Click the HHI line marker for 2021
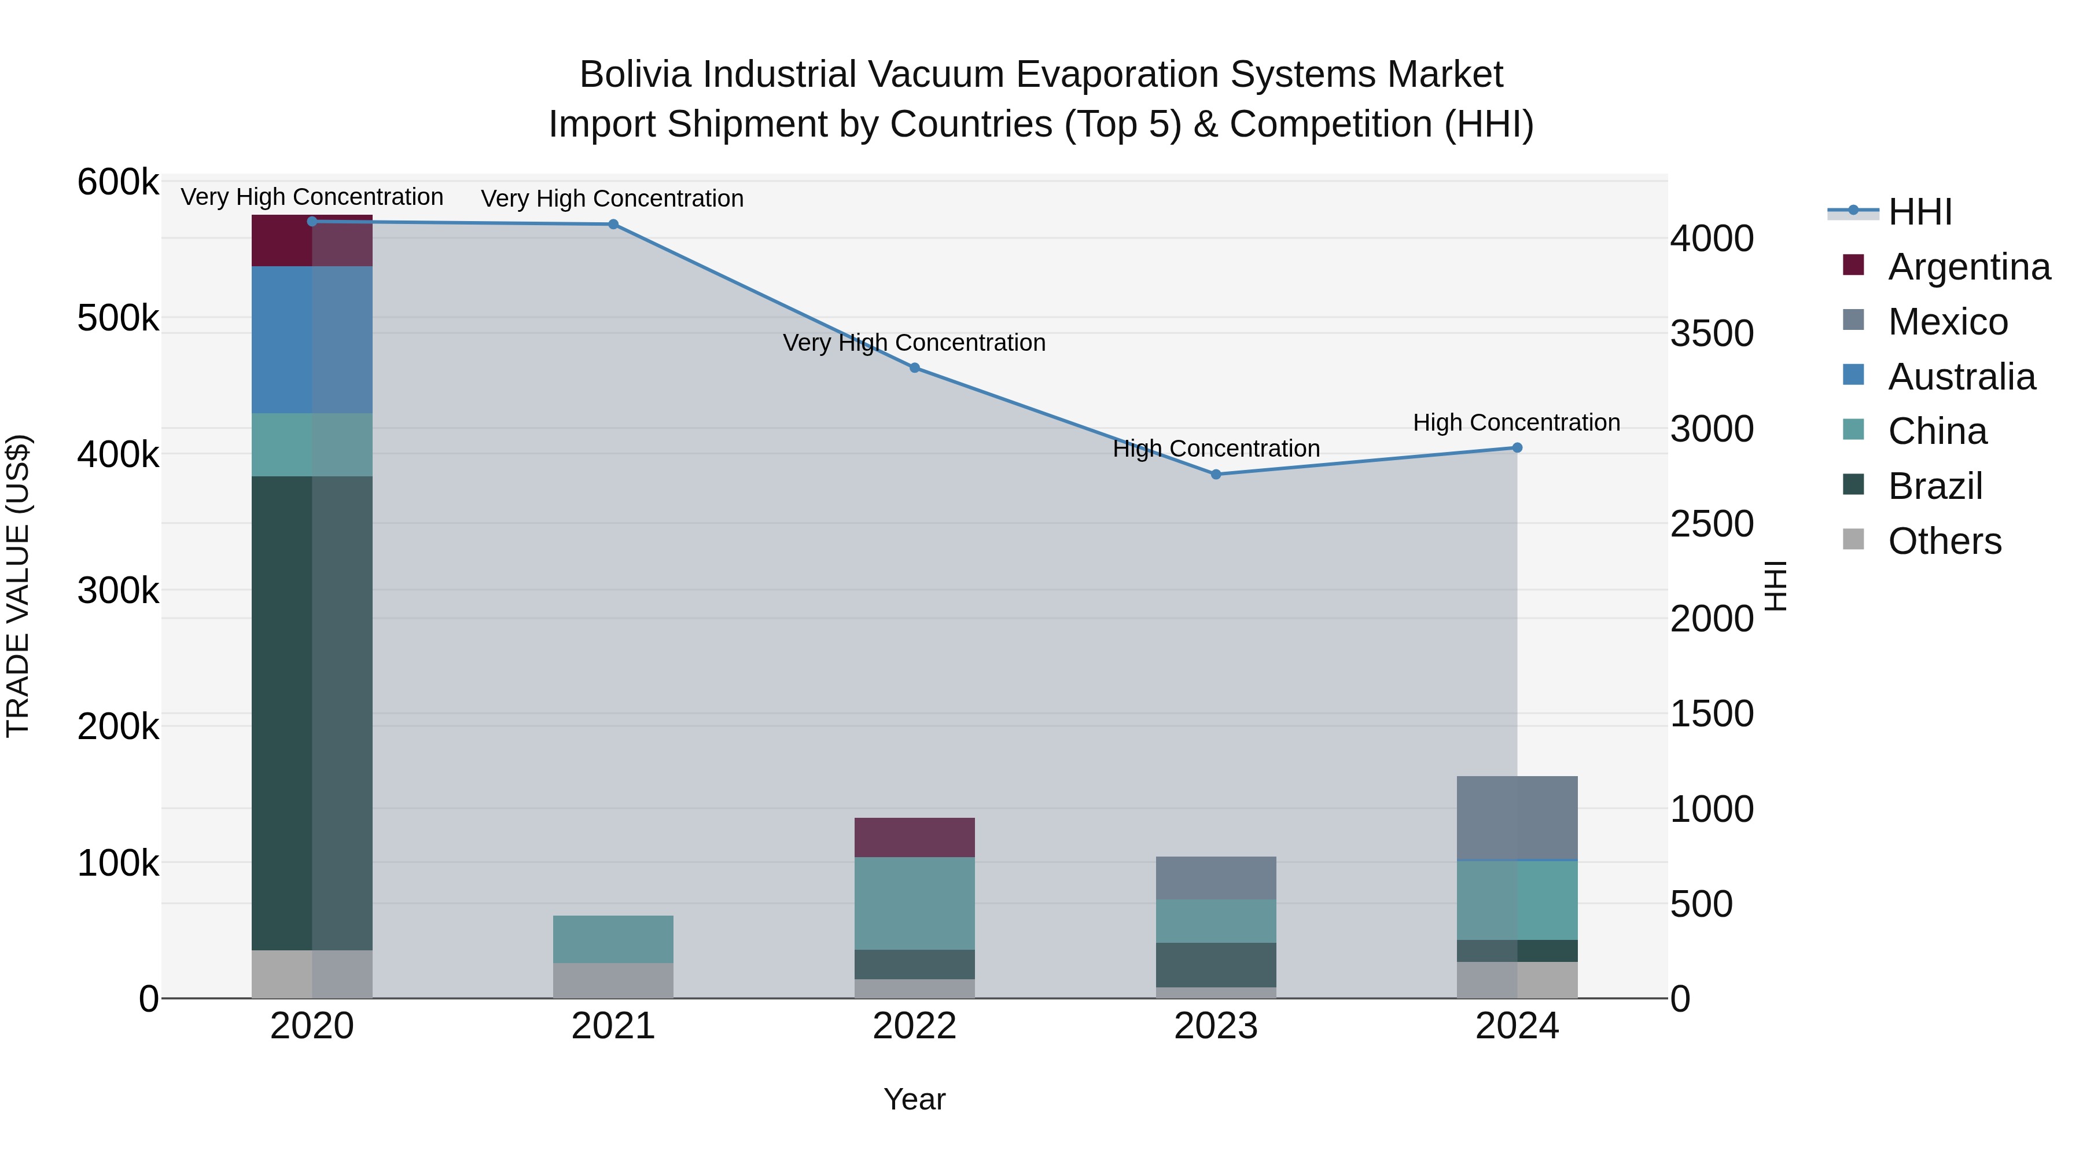613,224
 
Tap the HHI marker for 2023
1215,474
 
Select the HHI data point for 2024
1517,447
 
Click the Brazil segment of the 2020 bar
311,712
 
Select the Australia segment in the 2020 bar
311,340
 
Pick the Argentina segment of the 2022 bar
915,837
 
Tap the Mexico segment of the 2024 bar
1517,817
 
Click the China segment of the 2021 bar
613,938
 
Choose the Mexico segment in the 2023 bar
1215,877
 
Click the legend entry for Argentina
1968,267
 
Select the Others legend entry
1944,541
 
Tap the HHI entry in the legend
1920,212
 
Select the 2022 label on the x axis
915,1026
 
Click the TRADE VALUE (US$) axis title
18,586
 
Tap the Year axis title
915,1099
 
